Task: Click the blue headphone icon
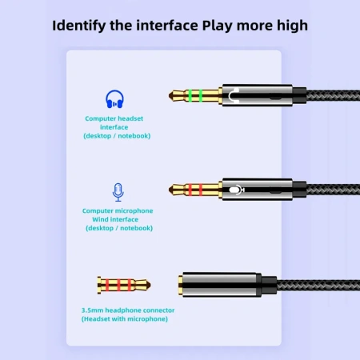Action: coord(115,99)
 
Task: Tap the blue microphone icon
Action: coord(118,192)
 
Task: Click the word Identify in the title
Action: coord(82,25)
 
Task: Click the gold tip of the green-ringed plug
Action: coord(175,97)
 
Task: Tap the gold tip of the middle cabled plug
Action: coord(175,190)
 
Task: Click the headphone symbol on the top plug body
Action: coord(232,97)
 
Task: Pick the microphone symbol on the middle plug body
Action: coord(233,190)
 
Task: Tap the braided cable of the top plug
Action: coord(328,97)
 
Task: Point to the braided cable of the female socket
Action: coord(320,284)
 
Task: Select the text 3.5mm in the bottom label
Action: coord(94,310)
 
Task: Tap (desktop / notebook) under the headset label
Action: coord(117,135)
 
